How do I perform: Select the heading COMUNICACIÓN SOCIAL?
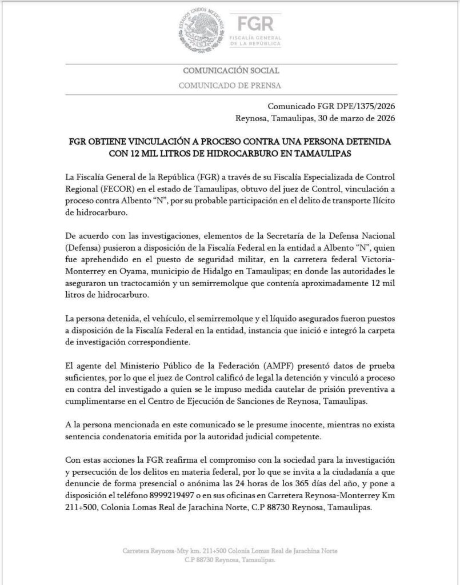pos(230,71)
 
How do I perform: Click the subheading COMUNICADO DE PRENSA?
pos(230,86)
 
